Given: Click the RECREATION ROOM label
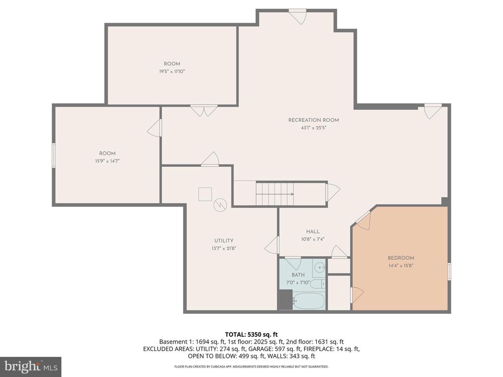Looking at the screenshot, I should coord(313,120).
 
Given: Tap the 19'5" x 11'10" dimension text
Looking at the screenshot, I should coord(172,71).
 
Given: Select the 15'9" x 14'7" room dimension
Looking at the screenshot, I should coord(107,161).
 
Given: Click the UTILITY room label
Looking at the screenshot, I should coord(224,241).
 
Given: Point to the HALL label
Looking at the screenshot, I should coord(312,232).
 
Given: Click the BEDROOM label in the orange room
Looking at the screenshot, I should coord(401,258).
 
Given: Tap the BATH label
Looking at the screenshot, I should coord(298,275).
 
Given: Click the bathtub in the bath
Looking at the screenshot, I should coord(308,300).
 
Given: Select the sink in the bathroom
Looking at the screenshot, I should coord(319,268).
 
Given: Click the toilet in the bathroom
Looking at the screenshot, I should coord(316,284).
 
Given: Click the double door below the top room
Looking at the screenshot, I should coord(204,111).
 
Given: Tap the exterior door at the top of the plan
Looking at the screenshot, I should coord(297,17).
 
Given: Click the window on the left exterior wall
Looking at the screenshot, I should coord(54,155).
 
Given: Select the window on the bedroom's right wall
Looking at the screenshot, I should coord(449,271).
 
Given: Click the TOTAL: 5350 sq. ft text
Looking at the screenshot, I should coord(251,334).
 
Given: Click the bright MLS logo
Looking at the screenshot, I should coord(30,366).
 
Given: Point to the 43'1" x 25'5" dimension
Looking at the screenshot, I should coord(313,128).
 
